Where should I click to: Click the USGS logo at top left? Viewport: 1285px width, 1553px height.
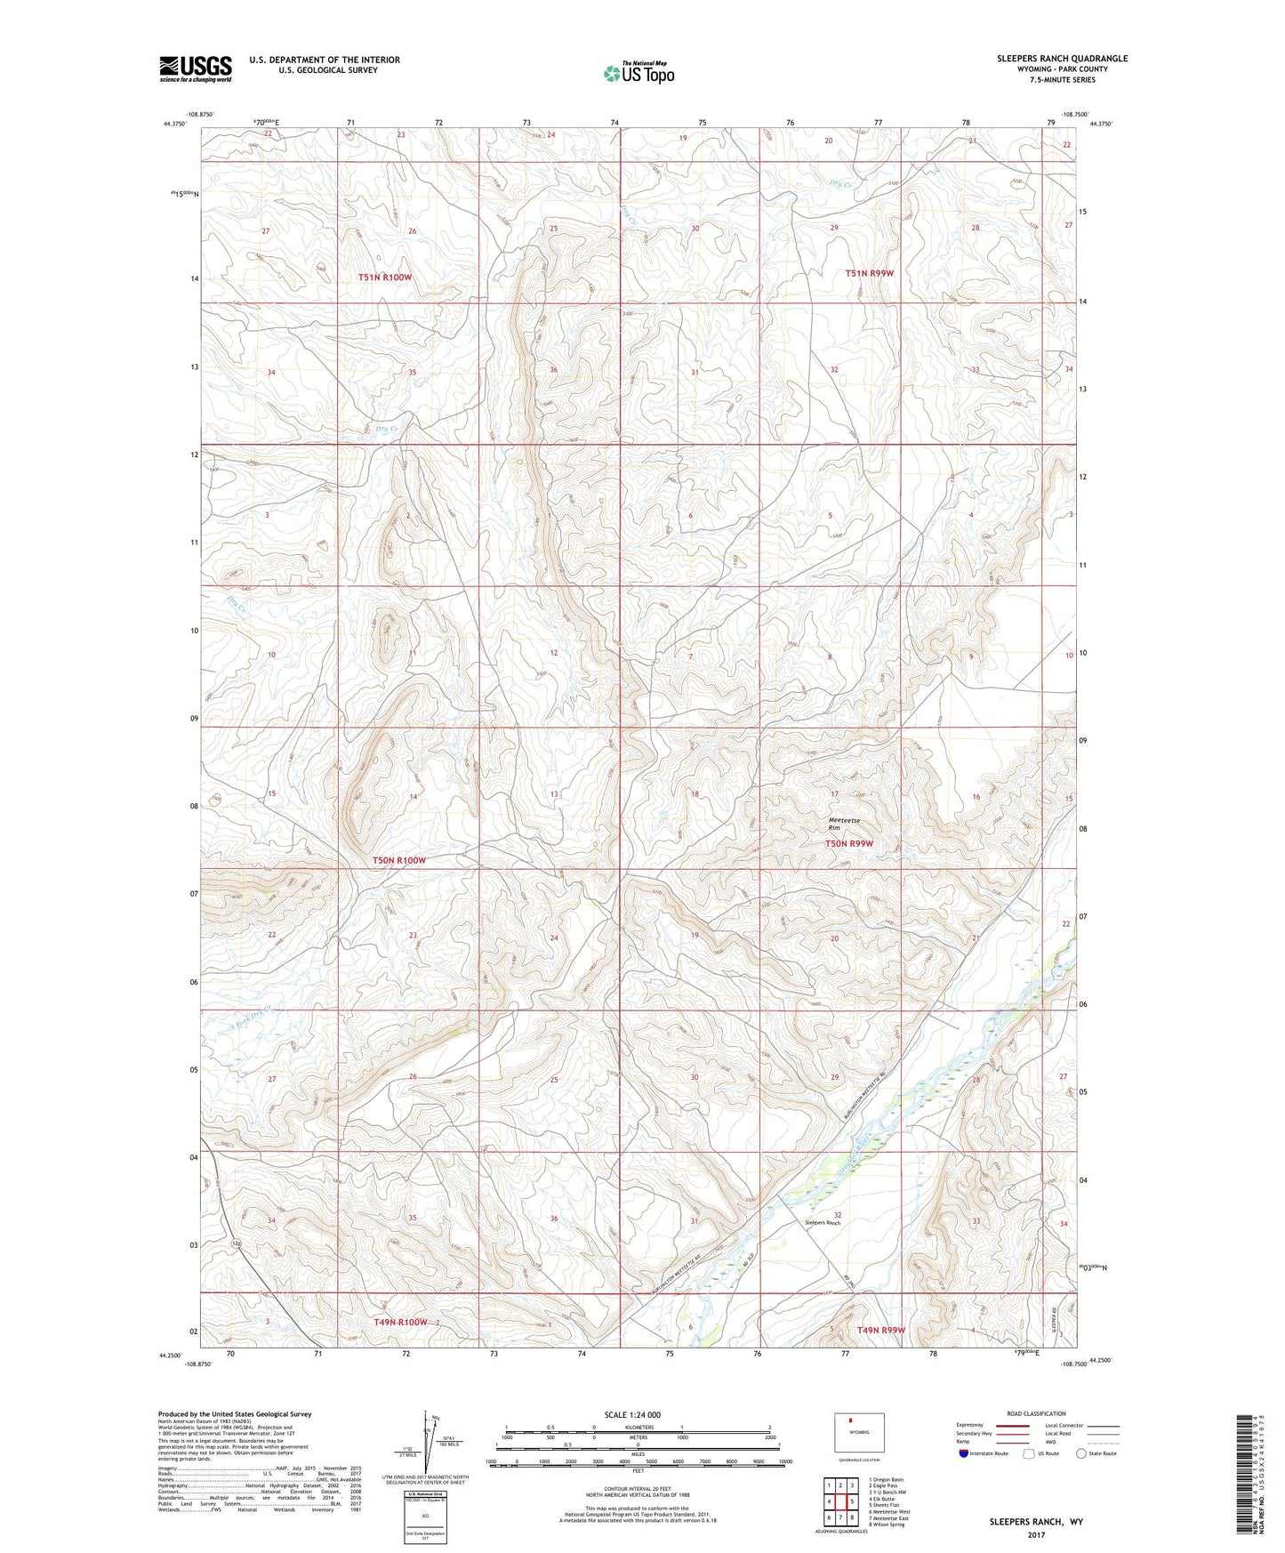(196, 68)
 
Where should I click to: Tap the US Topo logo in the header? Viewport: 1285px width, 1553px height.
(638, 73)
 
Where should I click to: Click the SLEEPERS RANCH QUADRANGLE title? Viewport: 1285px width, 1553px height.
(1062, 59)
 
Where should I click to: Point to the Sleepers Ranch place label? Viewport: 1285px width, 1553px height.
(822, 1223)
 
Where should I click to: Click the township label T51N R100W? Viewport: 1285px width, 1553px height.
(385, 278)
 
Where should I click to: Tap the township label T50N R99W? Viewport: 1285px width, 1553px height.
(849, 843)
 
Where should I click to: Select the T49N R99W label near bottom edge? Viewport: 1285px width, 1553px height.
(880, 1330)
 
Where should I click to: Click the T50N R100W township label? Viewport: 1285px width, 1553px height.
(398, 860)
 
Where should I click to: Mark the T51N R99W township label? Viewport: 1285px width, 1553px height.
(869, 273)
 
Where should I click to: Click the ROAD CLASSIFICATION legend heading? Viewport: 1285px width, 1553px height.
(1036, 1413)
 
